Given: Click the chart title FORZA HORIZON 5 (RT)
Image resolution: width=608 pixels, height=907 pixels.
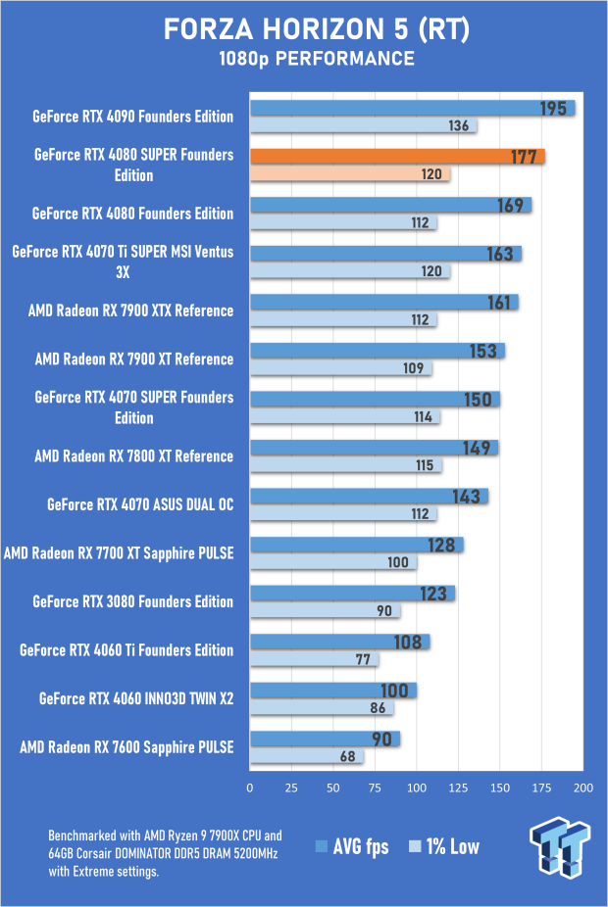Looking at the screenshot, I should click(303, 31).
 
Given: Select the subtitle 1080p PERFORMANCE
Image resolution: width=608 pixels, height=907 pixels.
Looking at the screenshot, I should click(303, 61).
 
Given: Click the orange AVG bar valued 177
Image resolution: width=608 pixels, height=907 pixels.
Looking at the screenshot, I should click(397, 156).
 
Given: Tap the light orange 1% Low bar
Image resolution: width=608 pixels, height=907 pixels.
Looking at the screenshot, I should click(350, 174).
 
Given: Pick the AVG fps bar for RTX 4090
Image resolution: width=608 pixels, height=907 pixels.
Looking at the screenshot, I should click(412, 108).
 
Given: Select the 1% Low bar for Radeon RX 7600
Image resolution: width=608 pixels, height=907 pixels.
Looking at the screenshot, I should click(307, 757).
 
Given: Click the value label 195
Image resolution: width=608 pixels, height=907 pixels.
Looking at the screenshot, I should click(553, 108).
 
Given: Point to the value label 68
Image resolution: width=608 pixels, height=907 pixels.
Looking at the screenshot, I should click(347, 757).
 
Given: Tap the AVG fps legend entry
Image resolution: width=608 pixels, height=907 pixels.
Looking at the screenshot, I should click(352, 846).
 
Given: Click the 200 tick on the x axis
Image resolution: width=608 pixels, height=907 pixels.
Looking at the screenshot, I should click(584, 787).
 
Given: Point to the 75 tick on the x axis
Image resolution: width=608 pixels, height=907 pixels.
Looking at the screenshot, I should click(376, 787).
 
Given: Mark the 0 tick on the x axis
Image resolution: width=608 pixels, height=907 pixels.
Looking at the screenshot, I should click(251, 787).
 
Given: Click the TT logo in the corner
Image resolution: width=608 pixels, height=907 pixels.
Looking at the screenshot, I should click(560, 847).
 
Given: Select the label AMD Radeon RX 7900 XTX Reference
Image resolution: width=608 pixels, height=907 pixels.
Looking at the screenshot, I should click(131, 310).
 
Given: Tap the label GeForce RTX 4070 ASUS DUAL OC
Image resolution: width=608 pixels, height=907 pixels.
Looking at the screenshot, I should click(140, 504).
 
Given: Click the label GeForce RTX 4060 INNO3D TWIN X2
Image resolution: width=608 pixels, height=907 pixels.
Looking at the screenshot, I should click(136, 698).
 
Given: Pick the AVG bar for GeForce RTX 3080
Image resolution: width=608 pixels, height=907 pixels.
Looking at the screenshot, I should click(352, 593).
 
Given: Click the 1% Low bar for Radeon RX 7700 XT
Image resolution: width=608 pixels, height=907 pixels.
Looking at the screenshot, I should click(333, 562).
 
